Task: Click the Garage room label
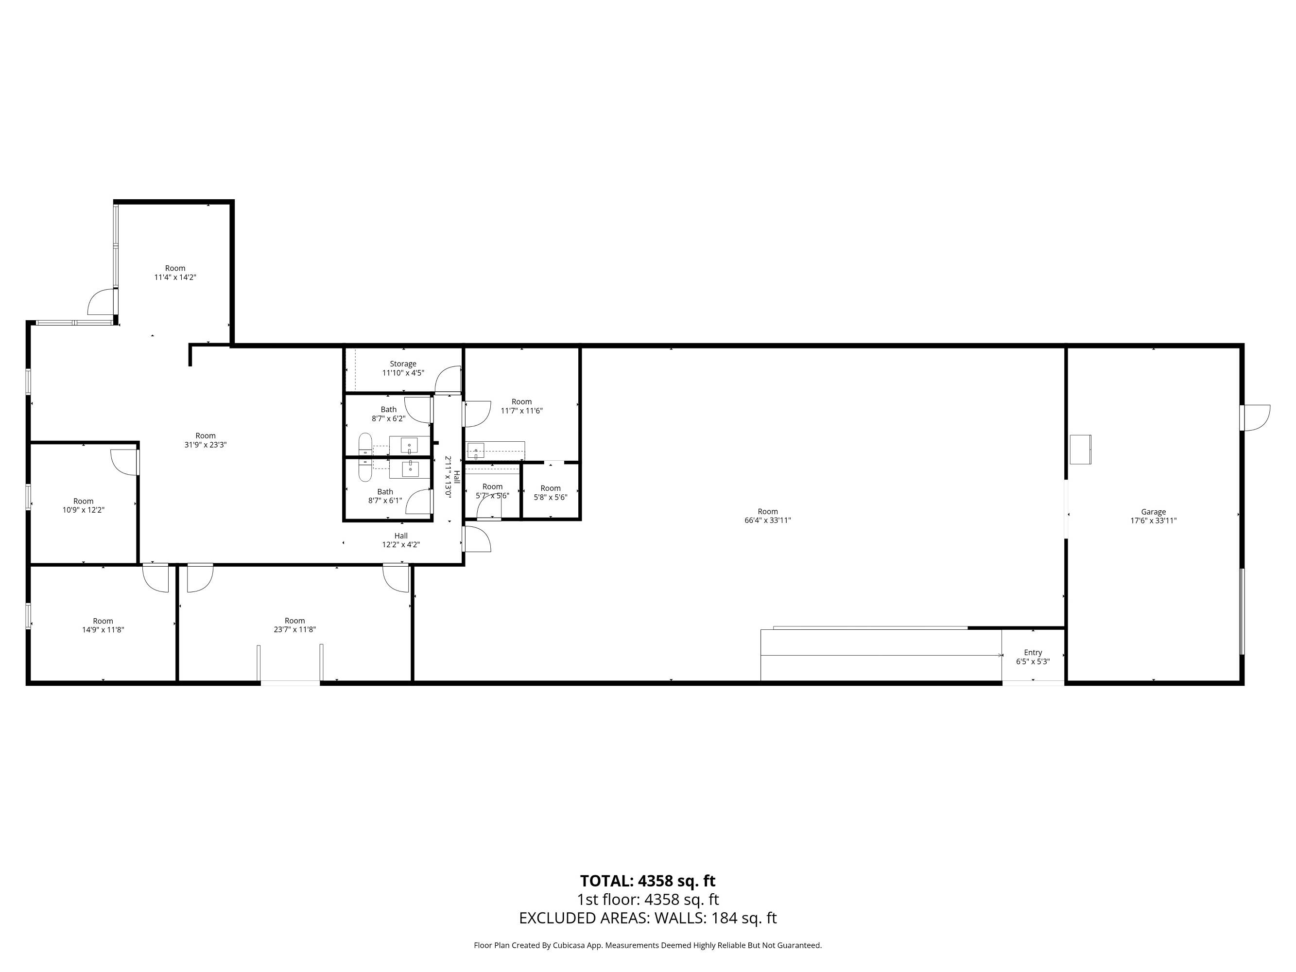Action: [1153, 511]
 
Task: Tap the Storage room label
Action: [403, 364]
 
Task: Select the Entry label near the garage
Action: [1033, 652]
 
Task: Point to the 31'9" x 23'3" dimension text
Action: [206, 445]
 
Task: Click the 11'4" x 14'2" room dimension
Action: [175, 277]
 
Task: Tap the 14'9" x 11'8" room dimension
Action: [103, 630]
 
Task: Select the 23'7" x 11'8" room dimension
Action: [294, 629]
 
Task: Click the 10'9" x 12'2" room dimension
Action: [83, 510]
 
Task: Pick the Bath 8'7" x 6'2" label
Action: [388, 414]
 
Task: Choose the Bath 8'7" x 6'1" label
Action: [385, 496]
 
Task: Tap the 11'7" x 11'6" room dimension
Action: [521, 411]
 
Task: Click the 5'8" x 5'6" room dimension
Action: [551, 498]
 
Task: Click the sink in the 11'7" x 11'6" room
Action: [476, 451]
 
